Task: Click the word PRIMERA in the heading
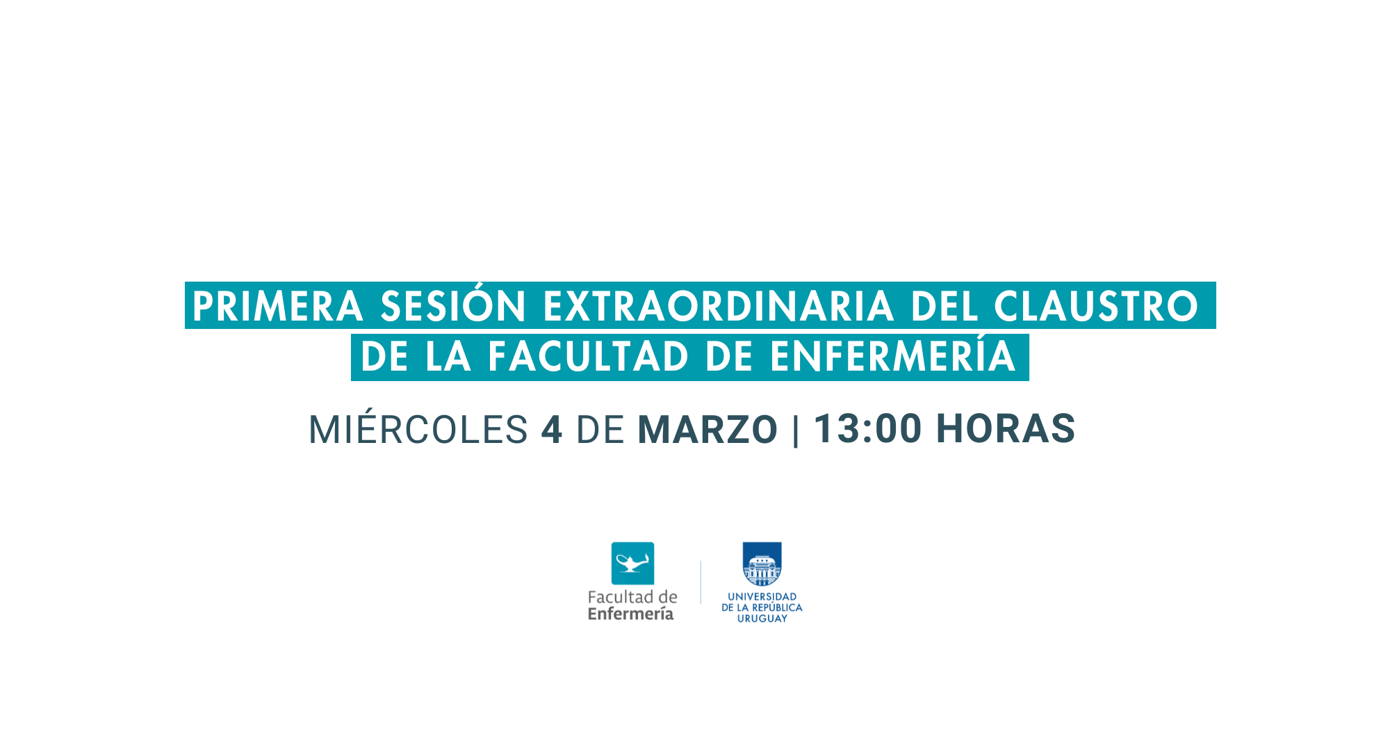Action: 278,307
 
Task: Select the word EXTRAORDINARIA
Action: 719,307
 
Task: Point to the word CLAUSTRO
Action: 1097,307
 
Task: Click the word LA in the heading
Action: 448,357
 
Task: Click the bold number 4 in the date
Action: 552,429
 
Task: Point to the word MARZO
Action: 708,429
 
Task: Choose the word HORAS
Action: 1006,428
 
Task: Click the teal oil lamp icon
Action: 632,563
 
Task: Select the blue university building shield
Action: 762,564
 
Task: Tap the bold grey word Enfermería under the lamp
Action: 631,614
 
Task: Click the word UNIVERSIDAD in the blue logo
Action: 762,597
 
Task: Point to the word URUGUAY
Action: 762,618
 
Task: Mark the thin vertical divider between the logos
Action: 701,583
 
